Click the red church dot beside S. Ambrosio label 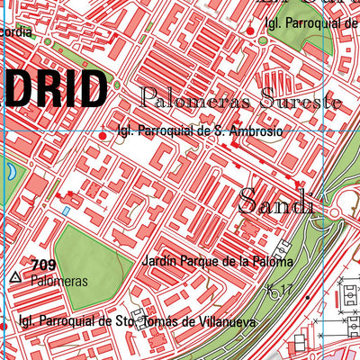(102, 136)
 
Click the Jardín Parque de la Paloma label (217, 262)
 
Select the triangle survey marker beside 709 (14, 278)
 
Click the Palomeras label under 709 (58, 281)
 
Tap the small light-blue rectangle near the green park (67, 211)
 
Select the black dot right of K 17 (308, 296)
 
